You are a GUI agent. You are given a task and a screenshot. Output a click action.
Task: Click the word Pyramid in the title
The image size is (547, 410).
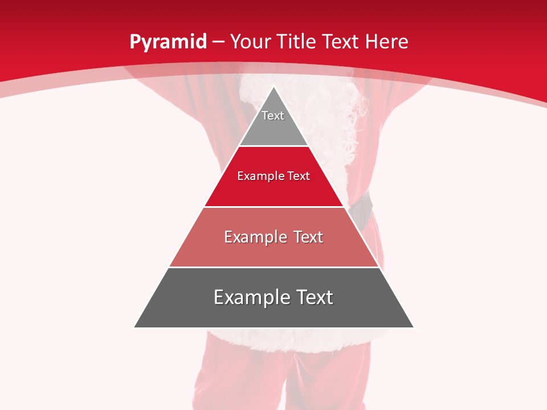168,42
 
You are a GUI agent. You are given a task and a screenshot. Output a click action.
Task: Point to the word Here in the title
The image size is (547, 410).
387,42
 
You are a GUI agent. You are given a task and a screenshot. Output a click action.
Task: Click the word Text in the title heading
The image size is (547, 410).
341,42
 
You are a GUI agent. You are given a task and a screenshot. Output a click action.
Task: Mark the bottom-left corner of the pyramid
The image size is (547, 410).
135,327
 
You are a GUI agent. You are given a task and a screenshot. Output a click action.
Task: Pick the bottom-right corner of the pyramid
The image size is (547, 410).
413,327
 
